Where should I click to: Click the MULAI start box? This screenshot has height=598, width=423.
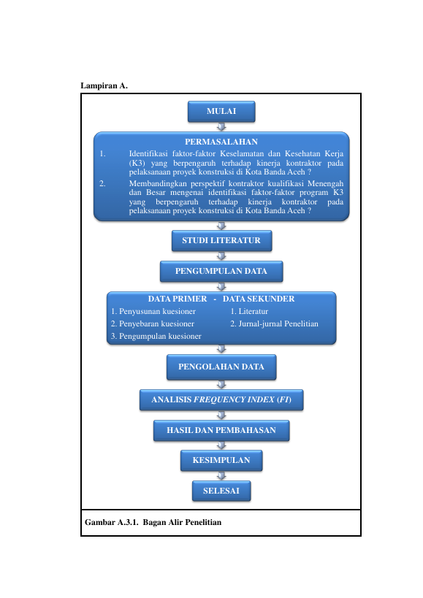[x=221, y=112]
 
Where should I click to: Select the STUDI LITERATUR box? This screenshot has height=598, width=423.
[x=221, y=241]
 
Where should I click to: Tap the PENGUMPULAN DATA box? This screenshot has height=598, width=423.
[x=221, y=271]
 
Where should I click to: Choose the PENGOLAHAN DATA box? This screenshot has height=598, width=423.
[x=221, y=367]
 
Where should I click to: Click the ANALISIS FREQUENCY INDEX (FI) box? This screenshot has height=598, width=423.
[x=221, y=399]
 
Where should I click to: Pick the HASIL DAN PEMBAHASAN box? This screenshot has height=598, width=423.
[x=221, y=431]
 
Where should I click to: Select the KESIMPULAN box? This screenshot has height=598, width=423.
[x=221, y=460]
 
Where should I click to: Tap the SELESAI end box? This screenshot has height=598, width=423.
[x=221, y=491]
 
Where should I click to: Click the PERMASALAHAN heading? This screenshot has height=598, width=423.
[x=221, y=142]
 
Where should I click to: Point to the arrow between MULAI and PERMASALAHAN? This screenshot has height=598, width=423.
[x=221, y=126]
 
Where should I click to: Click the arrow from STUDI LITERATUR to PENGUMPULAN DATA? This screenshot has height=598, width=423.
[x=221, y=256]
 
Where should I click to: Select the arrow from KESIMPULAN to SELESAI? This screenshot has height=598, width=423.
[x=221, y=475]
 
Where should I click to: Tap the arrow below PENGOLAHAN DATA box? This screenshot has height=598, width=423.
[x=221, y=384]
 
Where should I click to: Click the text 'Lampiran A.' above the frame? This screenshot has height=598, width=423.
[x=104, y=85]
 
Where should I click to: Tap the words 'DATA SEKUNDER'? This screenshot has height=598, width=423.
[x=259, y=299]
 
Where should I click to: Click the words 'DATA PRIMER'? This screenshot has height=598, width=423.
[x=178, y=299]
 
